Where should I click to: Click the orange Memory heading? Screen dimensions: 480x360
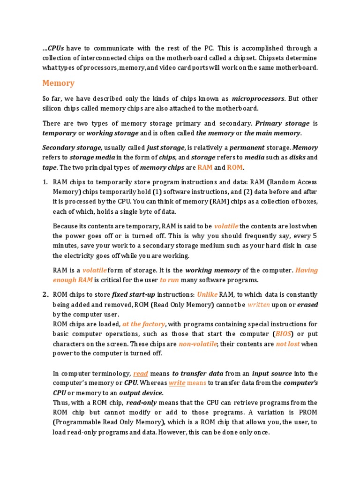[58, 83]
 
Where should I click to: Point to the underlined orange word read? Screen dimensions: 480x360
[141, 374]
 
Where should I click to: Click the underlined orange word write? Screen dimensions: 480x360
[177, 383]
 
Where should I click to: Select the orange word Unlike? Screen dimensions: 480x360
[207, 294]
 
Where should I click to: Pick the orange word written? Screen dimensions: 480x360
[259, 304]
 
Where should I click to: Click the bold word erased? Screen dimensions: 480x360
[307, 304]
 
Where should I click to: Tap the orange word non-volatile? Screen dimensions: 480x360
[198, 344]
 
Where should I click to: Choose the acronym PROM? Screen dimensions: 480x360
[307, 412]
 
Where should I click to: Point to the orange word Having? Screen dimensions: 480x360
[307, 270]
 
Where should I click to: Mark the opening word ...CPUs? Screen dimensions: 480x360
[53, 48]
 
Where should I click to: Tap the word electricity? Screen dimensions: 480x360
[73, 255]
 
